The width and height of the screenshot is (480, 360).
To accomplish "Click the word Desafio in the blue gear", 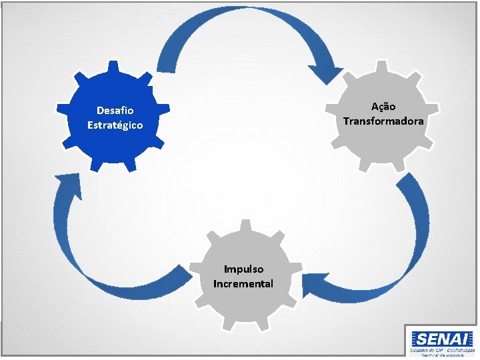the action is click(115, 110).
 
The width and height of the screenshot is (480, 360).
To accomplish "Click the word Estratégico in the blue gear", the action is click(115, 125).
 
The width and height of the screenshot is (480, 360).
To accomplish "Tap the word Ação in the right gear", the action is click(383, 107).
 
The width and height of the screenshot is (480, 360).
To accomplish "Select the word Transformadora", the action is click(383, 121).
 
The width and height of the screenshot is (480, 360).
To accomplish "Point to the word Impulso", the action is click(243, 269).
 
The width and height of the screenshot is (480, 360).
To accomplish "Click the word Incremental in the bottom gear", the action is click(243, 283).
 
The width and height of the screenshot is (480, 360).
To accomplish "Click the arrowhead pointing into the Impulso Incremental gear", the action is click(311, 285).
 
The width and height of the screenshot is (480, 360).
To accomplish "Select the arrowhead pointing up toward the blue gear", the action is click(67, 183).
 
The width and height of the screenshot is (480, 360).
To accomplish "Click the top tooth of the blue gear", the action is click(115, 67).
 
